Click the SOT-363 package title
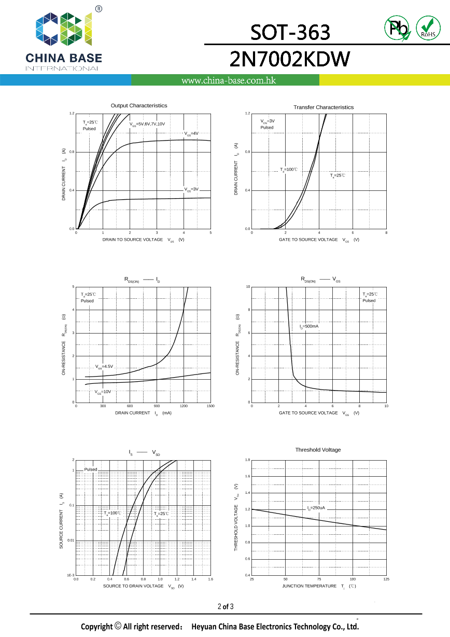(290, 33)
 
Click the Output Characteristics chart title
(139, 106)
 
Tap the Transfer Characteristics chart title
(324, 107)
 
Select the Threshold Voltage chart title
(318, 450)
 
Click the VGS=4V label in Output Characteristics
(191, 134)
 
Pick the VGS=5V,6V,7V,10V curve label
(147, 124)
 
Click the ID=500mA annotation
(309, 326)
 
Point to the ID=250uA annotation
(316, 508)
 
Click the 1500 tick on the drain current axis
(210, 406)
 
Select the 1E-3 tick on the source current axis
(71, 575)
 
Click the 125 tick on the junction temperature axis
(386, 579)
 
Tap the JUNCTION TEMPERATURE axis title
(310, 586)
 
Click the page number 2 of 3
(226, 606)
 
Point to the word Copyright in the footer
(96, 627)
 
